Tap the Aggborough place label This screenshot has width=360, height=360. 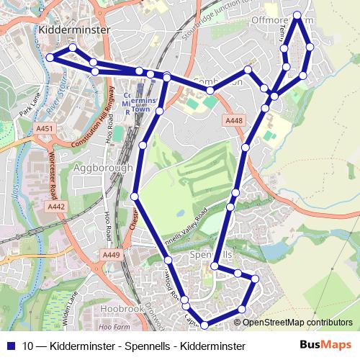click(104, 168)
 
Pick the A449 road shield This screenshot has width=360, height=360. click(111, 254)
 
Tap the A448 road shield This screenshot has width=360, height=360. click(233, 121)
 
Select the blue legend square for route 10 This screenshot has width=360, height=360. click(11, 346)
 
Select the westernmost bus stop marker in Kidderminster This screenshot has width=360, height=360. click(49, 58)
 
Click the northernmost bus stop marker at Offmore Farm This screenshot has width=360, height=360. click(298, 15)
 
